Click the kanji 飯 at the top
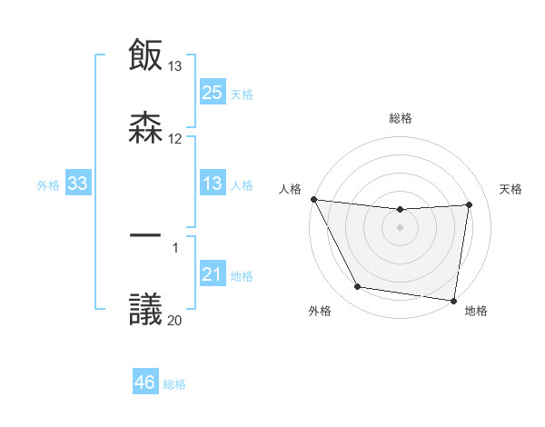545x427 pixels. [146, 55]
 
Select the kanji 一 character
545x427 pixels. [146, 235]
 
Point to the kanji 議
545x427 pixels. [146, 308]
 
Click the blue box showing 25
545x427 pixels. [213, 93]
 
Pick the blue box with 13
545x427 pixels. [213, 184]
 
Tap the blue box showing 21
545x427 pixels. [213, 275]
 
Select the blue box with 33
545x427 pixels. [78, 184]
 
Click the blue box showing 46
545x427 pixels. [145, 382]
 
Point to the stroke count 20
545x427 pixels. [174, 320]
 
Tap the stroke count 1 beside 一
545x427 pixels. [174, 247]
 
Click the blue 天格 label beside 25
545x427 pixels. [241, 94]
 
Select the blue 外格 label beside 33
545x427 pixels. [48, 185]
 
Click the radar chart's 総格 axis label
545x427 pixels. [401, 118]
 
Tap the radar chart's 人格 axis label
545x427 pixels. [290, 189]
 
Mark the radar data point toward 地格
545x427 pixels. [454, 300]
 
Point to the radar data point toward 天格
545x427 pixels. [469, 204]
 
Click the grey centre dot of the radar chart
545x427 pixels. [400, 227]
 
